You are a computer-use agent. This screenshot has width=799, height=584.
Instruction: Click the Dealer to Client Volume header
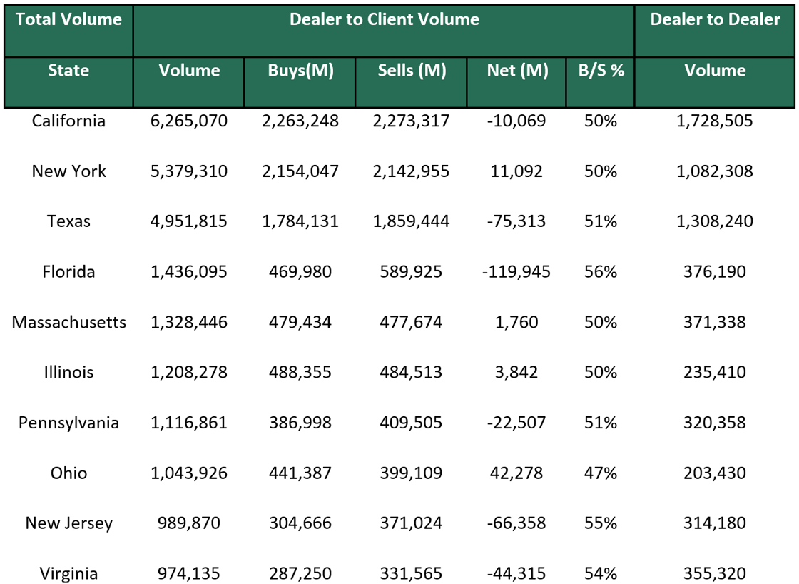click(384, 20)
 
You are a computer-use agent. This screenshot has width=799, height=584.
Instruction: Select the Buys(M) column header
click(300, 71)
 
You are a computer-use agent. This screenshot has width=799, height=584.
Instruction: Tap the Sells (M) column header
click(411, 71)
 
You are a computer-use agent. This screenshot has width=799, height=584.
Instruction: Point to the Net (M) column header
click(517, 71)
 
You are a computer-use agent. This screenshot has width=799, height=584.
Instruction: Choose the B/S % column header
click(601, 71)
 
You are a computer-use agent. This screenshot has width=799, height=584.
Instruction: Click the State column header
click(68, 71)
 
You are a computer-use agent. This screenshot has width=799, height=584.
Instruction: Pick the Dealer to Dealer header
click(715, 20)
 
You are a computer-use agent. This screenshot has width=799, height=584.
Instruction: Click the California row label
click(68, 121)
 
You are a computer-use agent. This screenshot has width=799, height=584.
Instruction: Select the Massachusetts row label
click(68, 322)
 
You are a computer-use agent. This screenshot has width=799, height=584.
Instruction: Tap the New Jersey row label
click(68, 523)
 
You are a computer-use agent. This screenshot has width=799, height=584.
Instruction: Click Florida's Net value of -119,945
click(517, 272)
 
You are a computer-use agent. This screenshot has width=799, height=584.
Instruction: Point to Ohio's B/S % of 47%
click(601, 473)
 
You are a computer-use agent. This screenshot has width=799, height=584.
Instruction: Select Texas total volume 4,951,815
click(189, 221)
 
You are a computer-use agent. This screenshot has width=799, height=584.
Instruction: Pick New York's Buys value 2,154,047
click(300, 171)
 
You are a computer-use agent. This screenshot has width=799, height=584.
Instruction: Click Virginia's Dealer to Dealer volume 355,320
click(715, 573)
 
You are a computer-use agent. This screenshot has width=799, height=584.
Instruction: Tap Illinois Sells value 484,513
click(411, 373)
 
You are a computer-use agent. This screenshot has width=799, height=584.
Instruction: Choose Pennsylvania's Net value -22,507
click(517, 423)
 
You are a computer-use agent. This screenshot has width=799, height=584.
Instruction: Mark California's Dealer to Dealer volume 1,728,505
click(715, 121)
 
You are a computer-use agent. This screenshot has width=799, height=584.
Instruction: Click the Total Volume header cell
click(68, 20)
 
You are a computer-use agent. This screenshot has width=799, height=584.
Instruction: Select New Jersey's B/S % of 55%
click(601, 523)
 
